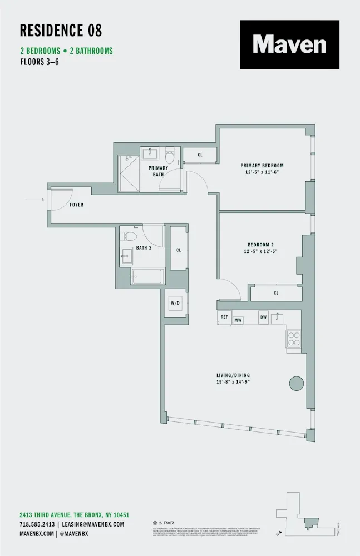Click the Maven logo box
pyautogui.click(x=289, y=44)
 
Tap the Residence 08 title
pyautogui.click(x=61, y=30)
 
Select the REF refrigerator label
pyautogui.click(x=224, y=317)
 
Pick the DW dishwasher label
pyautogui.click(x=263, y=317)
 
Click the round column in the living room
pyautogui.click(x=296, y=383)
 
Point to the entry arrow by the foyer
pyautogui.click(x=34, y=199)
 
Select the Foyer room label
pyautogui.click(x=77, y=205)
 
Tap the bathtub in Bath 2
pyautogui.click(x=147, y=276)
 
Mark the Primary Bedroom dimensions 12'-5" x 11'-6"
pyautogui.click(x=262, y=172)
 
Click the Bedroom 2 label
pyautogui.click(x=261, y=245)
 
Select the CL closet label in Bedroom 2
pyautogui.click(x=276, y=293)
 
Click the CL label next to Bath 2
pyautogui.click(x=179, y=250)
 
